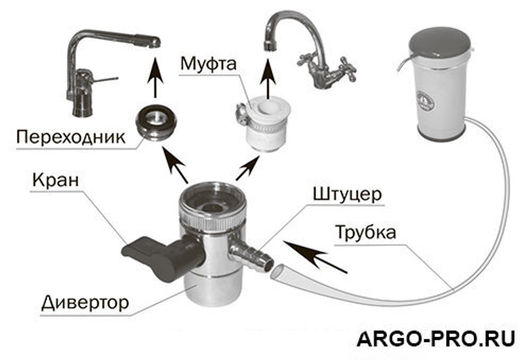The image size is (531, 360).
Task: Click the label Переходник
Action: (70, 136)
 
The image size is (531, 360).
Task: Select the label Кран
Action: (55, 179)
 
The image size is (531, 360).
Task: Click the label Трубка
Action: (365, 233)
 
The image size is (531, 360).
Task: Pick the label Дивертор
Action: (84, 303)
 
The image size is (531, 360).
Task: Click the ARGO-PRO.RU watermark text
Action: (435, 338)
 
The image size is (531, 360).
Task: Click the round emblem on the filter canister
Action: (425, 100)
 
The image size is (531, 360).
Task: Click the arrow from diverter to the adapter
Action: (175, 165)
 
